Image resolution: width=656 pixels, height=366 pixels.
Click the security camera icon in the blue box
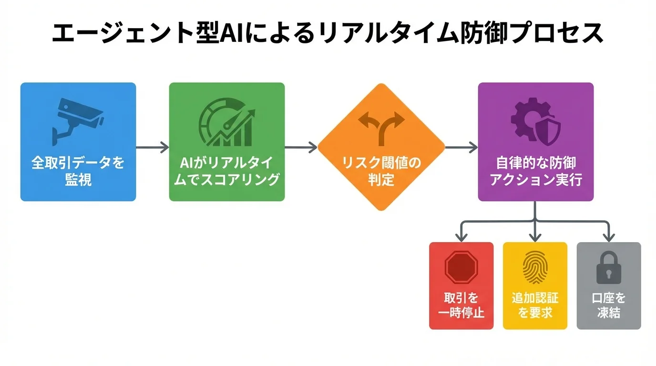pos(78,121)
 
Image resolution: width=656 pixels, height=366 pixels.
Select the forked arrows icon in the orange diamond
pos(381,127)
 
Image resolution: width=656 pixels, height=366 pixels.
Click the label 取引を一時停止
pos(461,305)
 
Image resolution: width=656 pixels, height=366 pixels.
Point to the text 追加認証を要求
pos(535,305)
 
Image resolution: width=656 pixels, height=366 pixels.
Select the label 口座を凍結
pos(609,305)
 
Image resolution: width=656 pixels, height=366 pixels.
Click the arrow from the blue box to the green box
pos(153,147)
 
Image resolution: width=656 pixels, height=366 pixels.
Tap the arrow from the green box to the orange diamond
pos(301,147)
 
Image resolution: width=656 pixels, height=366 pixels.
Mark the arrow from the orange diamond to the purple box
pos(461,147)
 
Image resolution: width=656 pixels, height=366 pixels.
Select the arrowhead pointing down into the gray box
pos(609,236)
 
